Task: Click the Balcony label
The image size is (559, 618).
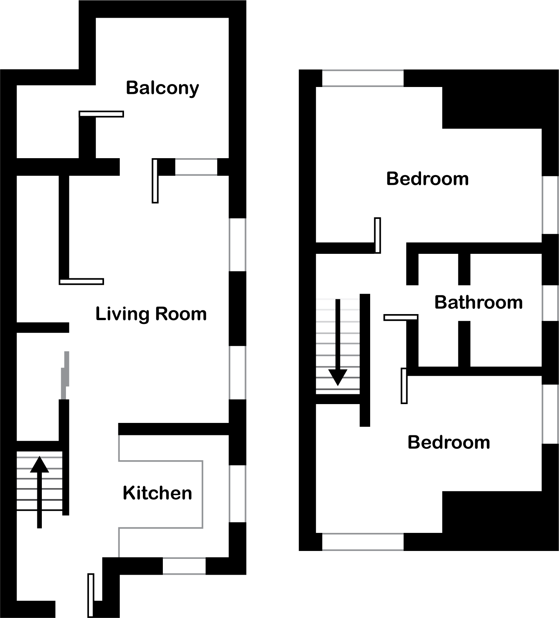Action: [162, 88]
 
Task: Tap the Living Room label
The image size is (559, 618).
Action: [151, 314]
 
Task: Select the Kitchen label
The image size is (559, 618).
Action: [158, 493]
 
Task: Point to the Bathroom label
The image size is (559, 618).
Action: [479, 302]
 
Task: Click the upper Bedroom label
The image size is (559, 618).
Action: [427, 179]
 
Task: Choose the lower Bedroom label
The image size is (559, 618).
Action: [449, 442]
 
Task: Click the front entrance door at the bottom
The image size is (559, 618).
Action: [91, 595]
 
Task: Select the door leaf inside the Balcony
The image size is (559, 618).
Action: [101, 114]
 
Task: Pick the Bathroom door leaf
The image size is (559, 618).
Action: [401, 317]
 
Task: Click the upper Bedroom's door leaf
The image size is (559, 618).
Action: [377, 235]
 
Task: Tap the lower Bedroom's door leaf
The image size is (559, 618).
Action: [404, 386]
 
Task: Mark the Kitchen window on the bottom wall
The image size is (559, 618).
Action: [184, 566]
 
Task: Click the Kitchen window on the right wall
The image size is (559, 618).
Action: [237, 494]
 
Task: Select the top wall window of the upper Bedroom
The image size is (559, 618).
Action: [363, 78]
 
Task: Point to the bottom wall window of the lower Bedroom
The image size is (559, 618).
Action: [363, 542]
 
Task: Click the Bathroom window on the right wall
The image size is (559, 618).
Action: [550, 303]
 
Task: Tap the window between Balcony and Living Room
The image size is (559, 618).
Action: [196, 167]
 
